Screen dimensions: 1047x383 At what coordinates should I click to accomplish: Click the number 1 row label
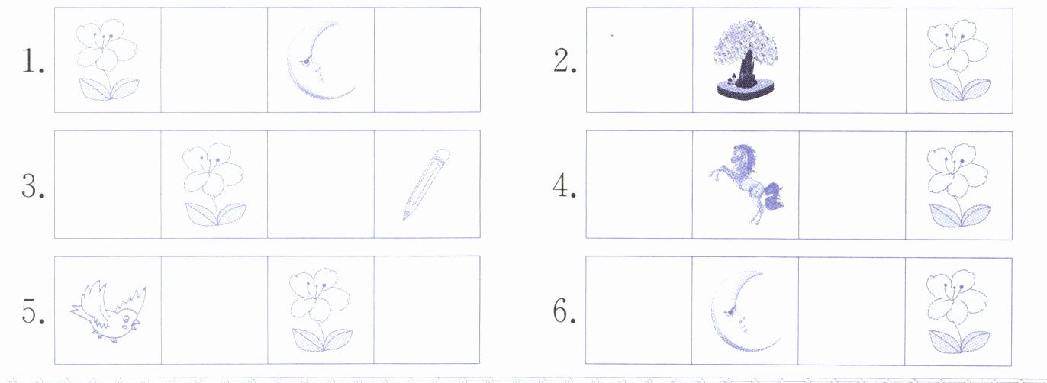tap(33, 62)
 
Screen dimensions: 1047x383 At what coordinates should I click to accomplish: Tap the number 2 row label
tap(565, 62)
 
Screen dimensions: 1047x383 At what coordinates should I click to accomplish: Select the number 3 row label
tap(33, 187)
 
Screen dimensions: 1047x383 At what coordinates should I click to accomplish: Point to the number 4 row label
tap(565, 187)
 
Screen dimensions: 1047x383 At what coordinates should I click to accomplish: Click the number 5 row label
tap(33, 311)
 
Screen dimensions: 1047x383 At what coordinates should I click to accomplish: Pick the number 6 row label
tap(565, 311)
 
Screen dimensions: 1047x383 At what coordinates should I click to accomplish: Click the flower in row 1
tap(108, 60)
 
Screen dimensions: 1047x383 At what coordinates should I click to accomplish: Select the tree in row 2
tap(745, 60)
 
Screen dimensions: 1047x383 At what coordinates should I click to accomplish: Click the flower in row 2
tap(959, 60)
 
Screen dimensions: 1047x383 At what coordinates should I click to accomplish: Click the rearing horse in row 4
tap(747, 183)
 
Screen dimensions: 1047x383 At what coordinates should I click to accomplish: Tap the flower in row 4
tap(959, 185)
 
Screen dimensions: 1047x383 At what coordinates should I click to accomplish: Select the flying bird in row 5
tap(108, 311)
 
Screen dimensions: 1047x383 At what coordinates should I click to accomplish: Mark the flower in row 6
tap(958, 311)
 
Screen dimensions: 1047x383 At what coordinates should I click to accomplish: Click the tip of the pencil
tap(404, 219)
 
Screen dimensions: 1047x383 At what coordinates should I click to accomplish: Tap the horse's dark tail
tap(774, 196)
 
